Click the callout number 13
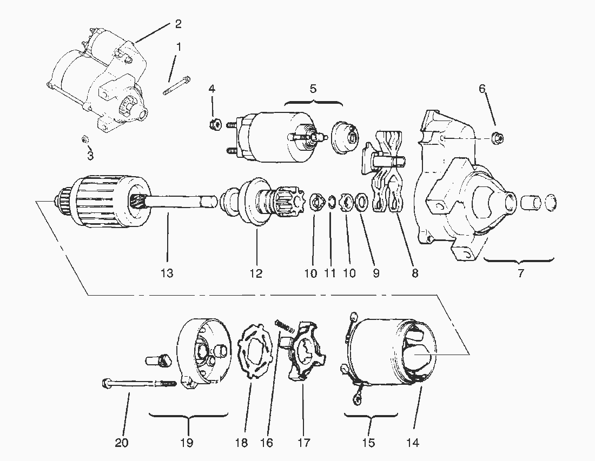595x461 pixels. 167,273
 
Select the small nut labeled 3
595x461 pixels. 85,139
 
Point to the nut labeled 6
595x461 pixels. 498,138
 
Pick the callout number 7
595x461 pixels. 520,273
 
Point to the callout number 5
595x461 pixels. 313,89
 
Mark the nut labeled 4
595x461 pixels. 214,125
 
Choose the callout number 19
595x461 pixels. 187,443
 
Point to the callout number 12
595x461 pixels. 256,273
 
